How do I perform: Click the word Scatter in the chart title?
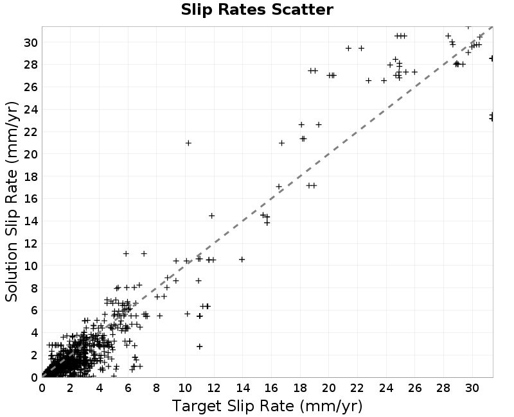click(302, 10)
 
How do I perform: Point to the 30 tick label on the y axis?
click(31, 42)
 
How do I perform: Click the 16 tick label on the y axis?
click(31, 199)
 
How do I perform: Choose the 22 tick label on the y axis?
click(31, 132)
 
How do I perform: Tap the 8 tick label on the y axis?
click(34, 288)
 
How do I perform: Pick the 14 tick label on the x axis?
click(243, 388)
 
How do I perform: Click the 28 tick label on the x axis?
click(443, 388)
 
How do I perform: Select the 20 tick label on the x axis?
click(328, 388)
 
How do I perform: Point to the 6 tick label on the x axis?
click(128, 388)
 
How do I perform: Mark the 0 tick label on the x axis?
click(42, 388)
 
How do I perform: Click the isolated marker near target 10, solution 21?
click(188, 143)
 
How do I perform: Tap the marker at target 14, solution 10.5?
click(242, 260)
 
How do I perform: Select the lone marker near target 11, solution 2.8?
click(199, 346)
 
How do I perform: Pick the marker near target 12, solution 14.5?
click(211, 216)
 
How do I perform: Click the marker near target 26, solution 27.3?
click(414, 72)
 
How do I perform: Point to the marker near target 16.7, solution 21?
click(281, 143)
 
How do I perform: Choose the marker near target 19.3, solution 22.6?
click(319, 124)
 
